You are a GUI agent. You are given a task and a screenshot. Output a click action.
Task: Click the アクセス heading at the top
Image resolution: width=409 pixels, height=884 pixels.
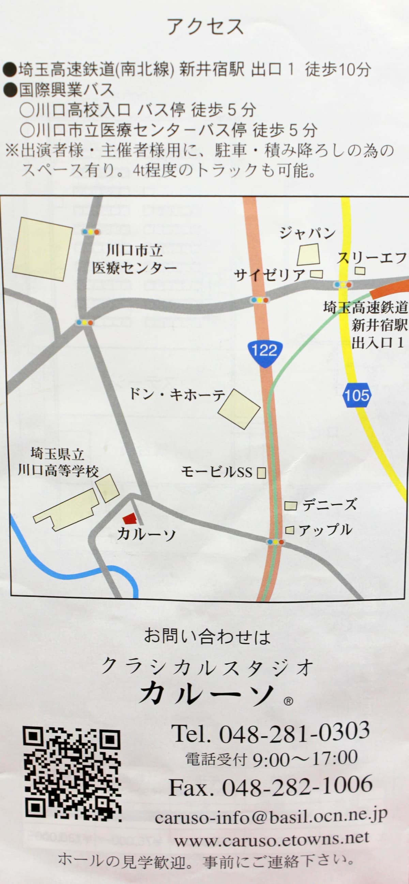(x=205, y=27)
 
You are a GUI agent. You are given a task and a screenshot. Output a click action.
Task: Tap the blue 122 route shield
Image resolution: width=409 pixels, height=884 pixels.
(x=264, y=350)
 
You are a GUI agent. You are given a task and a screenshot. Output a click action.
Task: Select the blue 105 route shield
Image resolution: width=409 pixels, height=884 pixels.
(x=356, y=395)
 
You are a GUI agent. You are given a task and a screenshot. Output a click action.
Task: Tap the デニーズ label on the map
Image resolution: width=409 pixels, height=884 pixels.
(x=329, y=505)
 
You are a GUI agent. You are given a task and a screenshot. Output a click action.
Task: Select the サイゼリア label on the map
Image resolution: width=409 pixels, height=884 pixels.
(x=270, y=275)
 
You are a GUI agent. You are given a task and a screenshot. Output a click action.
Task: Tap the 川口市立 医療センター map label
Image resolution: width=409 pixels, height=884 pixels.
(x=134, y=260)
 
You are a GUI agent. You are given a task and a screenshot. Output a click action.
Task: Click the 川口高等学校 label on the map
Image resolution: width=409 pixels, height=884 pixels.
(x=58, y=471)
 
